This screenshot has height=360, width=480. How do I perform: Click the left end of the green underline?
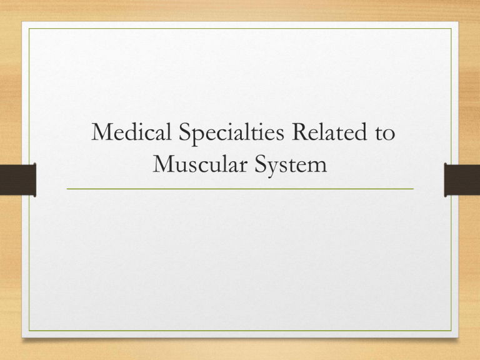67,188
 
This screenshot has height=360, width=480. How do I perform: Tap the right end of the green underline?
413,188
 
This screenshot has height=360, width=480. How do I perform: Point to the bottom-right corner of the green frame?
450,331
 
